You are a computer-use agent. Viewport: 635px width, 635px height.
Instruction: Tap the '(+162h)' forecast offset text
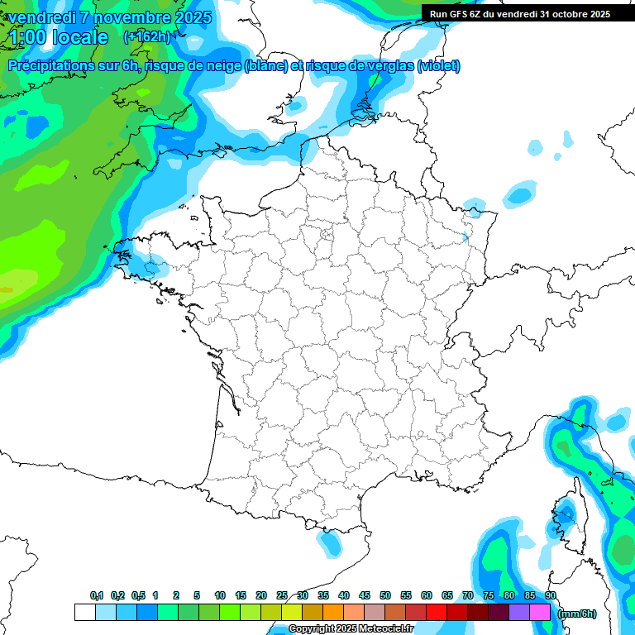(146, 37)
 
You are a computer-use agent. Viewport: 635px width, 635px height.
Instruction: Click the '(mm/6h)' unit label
(576, 614)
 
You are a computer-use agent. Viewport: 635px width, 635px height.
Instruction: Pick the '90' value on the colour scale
(550, 595)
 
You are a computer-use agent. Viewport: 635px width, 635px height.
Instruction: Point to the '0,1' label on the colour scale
(97, 595)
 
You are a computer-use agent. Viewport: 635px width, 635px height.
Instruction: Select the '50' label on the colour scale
(385, 595)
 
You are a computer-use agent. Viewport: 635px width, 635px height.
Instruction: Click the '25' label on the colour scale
(282, 595)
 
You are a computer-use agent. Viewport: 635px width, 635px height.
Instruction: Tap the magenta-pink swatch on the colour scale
(540, 613)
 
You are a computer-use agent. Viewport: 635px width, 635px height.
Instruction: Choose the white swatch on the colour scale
(84, 613)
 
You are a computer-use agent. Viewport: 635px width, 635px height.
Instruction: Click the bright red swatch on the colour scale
(436, 613)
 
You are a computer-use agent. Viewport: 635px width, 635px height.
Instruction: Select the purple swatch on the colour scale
(518, 613)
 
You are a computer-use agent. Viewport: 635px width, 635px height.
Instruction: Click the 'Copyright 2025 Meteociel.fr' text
(351, 629)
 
